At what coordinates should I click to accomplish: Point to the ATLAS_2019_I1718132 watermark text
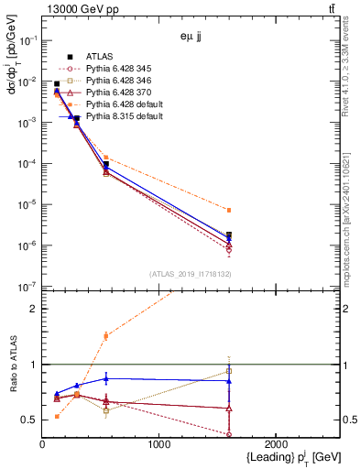(190, 274)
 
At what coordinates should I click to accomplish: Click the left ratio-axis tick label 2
(35, 309)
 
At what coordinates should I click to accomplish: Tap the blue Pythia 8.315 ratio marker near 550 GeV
(106, 378)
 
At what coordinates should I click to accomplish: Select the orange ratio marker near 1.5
(106, 336)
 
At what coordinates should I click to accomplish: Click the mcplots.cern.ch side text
(353, 192)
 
